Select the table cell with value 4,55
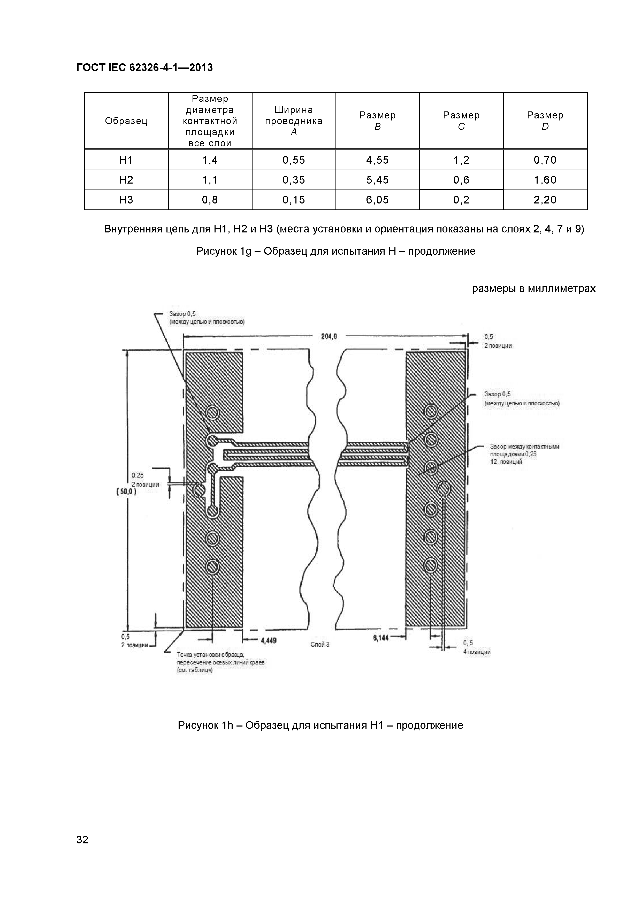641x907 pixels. pyautogui.click(x=377, y=160)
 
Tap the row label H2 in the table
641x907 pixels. pyautogui.click(x=126, y=180)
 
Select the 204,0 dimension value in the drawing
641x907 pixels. pyautogui.click(x=329, y=337)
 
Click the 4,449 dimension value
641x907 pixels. pyautogui.click(x=269, y=640)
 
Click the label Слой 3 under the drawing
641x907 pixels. pyautogui.click(x=320, y=644)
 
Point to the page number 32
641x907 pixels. pyautogui.click(x=82, y=851)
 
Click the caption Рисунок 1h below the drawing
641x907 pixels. pyautogui.click(x=320, y=725)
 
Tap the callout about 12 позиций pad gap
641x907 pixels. pyautogui.click(x=524, y=454)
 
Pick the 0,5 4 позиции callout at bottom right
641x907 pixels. pyautogui.click(x=477, y=647)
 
